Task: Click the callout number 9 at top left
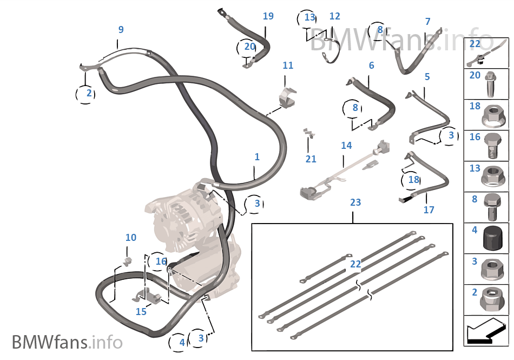coord(121,29)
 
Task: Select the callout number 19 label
coord(268,16)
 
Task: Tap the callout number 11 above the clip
coord(288,66)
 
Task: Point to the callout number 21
coord(311,159)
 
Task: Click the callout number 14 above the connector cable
coord(346,145)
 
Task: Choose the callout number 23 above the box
coord(355,202)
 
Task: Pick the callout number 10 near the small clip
coord(131,237)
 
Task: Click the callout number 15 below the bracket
coord(141,312)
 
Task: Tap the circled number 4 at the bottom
coord(182,342)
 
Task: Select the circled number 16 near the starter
coord(161,261)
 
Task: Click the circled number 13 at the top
coord(309,18)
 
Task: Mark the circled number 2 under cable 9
coord(89,94)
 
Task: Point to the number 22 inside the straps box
coord(355,264)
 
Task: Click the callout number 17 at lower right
coord(429,210)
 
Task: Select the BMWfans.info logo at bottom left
coord(67,342)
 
